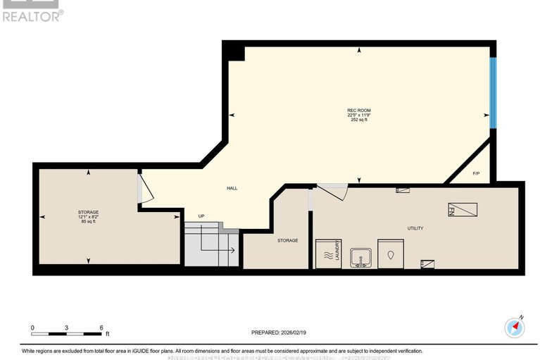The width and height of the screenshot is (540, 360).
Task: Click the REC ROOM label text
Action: coord(358,109)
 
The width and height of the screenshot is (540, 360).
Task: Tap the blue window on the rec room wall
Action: coord(494,94)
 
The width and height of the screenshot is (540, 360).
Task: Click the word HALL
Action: coord(232,188)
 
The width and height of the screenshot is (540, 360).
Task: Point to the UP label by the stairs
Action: coord(201,216)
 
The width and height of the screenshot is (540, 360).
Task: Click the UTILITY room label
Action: coord(415,228)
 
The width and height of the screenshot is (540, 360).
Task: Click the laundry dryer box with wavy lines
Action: coord(328,254)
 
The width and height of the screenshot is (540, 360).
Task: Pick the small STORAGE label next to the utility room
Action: coord(287,240)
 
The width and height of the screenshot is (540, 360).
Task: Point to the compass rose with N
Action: coord(515,326)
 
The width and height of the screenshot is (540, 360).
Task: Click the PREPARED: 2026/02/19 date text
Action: coord(280,333)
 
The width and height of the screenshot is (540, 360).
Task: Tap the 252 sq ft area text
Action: coord(359,120)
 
